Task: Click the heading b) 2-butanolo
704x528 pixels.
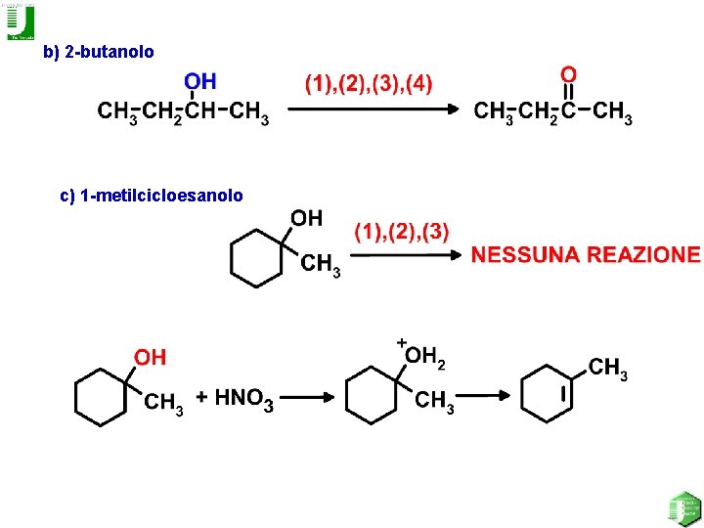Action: tap(99, 52)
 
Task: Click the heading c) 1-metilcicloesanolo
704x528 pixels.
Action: tap(152, 196)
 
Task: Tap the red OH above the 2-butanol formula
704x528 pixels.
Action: tap(200, 81)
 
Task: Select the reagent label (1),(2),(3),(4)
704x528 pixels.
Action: tap(368, 84)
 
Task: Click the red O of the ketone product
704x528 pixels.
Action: tap(568, 75)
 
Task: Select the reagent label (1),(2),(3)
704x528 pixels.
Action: tap(402, 232)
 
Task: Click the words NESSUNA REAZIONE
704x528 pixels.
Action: tap(586, 255)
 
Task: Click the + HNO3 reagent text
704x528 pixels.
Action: tap(235, 398)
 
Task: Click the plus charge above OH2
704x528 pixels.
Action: tap(401, 341)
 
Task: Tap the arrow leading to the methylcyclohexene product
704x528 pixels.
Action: tap(485, 396)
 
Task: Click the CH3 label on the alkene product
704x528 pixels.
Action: tap(607, 369)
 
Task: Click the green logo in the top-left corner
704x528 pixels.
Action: tap(20, 22)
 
